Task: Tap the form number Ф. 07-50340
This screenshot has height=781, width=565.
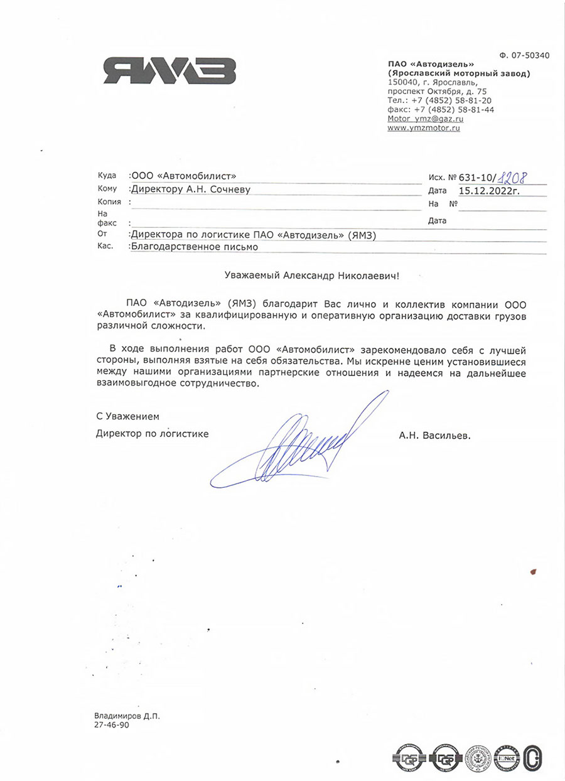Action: [x=522, y=55]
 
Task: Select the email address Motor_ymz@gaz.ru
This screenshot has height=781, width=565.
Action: [x=426, y=118]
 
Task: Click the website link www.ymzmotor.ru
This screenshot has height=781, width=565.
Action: [x=424, y=127]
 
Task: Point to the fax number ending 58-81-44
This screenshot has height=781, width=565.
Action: [x=441, y=109]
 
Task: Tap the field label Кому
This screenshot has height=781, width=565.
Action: [x=107, y=189]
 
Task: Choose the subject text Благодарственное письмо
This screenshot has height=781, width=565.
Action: [x=193, y=247]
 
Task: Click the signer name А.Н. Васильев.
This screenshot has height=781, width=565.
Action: [x=434, y=434]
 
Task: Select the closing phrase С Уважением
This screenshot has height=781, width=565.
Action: [x=128, y=416]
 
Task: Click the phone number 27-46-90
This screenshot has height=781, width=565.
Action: [x=111, y=724]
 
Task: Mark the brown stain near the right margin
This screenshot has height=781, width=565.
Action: [x=534, y=571]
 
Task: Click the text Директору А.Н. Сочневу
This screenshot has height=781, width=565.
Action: [x=189, y=189]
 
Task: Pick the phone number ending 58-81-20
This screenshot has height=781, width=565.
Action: [x=439, y=100]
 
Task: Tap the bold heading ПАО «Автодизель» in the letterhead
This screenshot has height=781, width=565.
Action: [x=431, y=65]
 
